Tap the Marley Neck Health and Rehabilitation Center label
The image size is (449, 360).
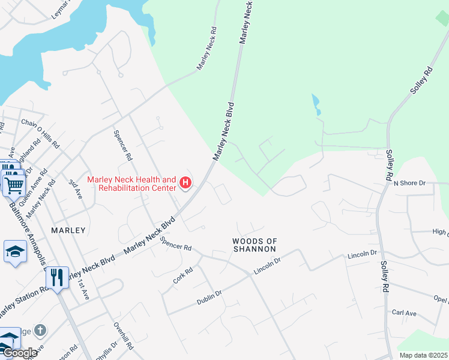[x=132, y=184]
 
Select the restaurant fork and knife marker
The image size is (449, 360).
[x=57, y=277]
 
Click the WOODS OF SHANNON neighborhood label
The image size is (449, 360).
[x=255, y=245]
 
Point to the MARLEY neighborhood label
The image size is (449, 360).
[x=68, y=230]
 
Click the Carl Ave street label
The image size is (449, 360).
[x=404, y=313]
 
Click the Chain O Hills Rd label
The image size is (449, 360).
[x=40, y=133]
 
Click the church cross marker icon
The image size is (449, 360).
[x=40, y=330]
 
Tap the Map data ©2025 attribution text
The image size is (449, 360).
[x=424, y=355]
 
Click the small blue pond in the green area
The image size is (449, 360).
[x=316, y=104]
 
